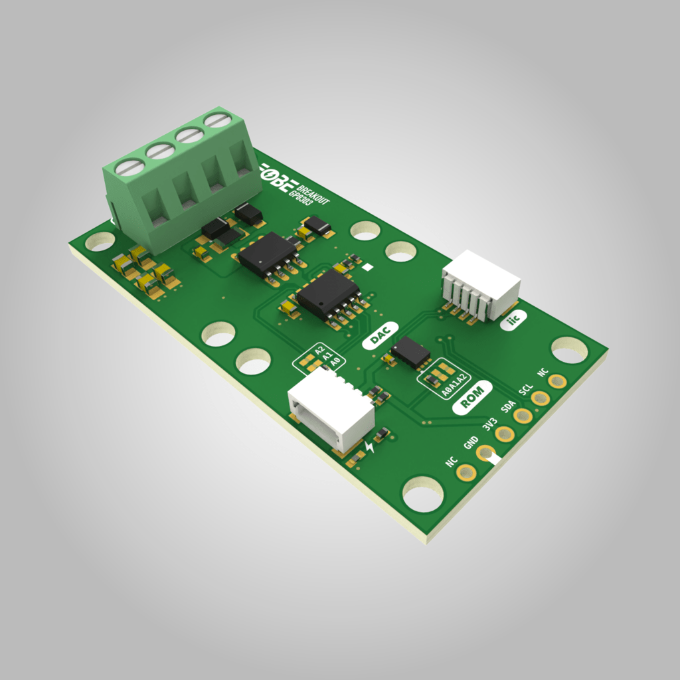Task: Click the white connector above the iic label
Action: pyautogui.click(x=481, y=284)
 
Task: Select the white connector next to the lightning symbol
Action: pyautogui.click(x=331, y=409)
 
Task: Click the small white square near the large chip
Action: pyautogui.click(x=367, y=268)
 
